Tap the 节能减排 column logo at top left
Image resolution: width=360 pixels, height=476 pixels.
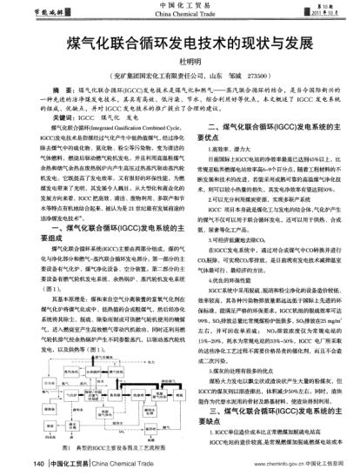[x=34, y=10]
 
